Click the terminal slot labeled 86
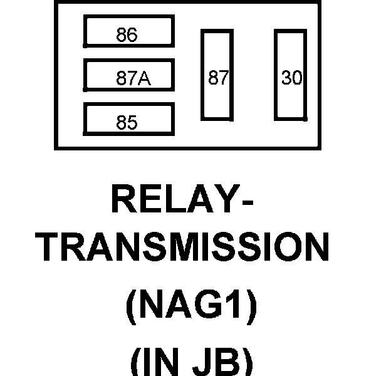point(128,31)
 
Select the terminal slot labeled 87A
point(128,75)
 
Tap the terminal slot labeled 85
point(128,119)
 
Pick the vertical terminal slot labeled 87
point(217,74)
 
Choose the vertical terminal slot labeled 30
point(291,74)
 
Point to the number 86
point(127,36)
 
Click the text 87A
point(133,80)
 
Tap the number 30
point(292,78)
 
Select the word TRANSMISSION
point(182,249)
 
